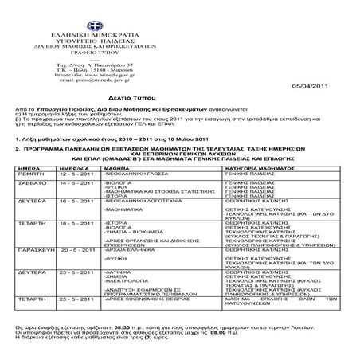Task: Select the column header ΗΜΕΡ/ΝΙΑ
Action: click(73, 169)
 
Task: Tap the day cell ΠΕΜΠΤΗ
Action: click(29, 174)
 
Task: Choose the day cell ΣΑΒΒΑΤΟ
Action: click(29, 182)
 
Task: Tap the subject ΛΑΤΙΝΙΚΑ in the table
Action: click(119, 272)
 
